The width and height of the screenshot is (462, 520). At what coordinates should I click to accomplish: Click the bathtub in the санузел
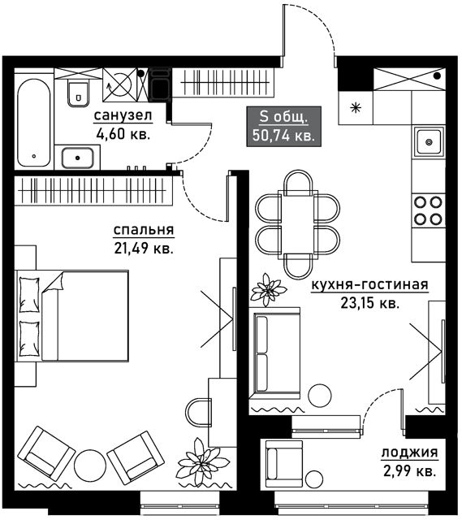pyautogui.click(x=34, y=123)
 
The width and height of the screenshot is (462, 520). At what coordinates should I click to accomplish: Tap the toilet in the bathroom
pyautogui.click(x=78, y=93)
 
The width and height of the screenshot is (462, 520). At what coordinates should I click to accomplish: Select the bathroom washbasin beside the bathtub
pyautogui.click(x=78, y=158)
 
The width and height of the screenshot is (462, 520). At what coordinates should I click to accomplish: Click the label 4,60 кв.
pyautogui.click(x=123, y=134)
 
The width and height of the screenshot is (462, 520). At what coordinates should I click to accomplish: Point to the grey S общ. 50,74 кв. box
pyautogui.click(x=283, y=127)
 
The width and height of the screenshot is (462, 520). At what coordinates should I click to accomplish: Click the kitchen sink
pyautogui.click(x=429, y=142)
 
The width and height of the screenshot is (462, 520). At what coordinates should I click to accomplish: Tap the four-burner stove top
pyautogui.click(x=429, y=210)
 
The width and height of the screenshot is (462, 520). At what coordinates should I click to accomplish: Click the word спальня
pyautogui.click(x=144, y=230)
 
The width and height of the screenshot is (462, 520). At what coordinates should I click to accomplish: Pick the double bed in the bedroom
pyautogui.click(x=72, y=316)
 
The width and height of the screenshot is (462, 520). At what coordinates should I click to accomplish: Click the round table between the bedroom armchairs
pyautogui.click(x=89, y=464)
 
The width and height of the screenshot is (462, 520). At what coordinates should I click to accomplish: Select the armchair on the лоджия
pyautogui.click(x=285, y=460)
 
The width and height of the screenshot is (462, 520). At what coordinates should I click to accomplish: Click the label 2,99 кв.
pyautogui.click(x=410, y=471)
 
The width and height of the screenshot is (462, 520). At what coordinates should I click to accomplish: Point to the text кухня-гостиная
pyautogui.click(x=369, y=284)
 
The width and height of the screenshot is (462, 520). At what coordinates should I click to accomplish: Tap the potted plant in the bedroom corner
pyautogui.click(x=203, y=462)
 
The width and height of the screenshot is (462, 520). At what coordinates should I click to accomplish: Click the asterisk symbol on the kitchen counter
pyautogui.click(x=356, y=107)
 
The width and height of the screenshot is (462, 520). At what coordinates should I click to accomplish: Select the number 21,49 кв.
pyautogui.click(x=144, y=248)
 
